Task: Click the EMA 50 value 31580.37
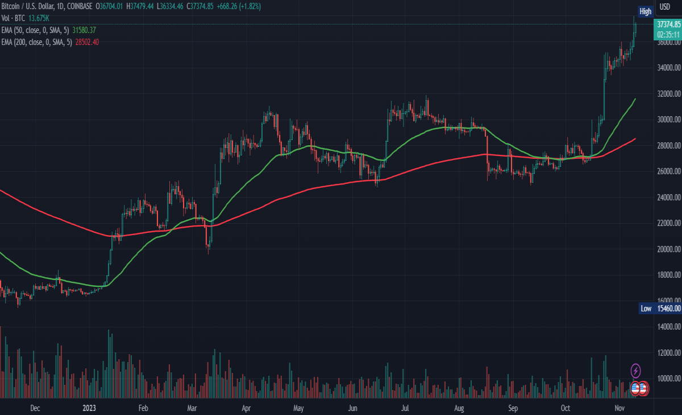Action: [x=84, y=30]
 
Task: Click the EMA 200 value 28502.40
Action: [x=87, y=42]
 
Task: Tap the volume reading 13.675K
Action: [x=39, y=18]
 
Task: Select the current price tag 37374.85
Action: [x=668, y=24]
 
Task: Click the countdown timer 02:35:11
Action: [x=668, y=35]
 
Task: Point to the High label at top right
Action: [x=645, y=11]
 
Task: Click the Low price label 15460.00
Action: [x=669, y=309]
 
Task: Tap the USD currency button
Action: [x=664, y=7]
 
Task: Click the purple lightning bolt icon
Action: [x=635, y=371]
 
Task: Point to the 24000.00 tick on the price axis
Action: [x=669, y=198]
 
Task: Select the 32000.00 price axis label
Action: [x=669, y=93]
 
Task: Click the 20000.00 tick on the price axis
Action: [x=669, y=249]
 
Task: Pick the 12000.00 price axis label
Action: [x=669, y=353]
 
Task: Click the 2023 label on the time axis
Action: [x=89, y=408]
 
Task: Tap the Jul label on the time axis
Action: [x=405, y=408]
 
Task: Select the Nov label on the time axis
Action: [x=619, y=408]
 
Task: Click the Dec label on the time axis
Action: [x=35, y=408]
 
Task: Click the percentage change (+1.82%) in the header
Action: [x=250, y=6]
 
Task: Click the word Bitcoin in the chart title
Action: [x=10, y=6]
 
